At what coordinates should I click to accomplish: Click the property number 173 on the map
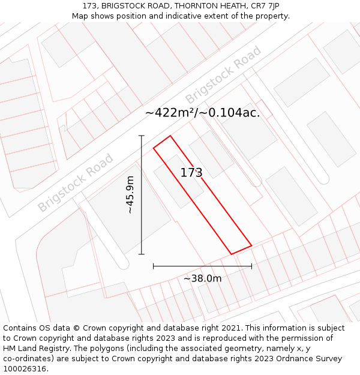click(x=191, y=173)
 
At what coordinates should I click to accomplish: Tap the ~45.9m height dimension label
click(x=130, y=194)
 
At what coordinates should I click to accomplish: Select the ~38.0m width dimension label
click(x=202, y=278)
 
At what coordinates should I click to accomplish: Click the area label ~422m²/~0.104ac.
click(x=202, y=113)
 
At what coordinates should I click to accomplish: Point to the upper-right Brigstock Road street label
click(x=223, y=74)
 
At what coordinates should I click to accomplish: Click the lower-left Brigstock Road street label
click(x=76, y=182)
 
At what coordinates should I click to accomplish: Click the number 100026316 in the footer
click(x=26, y=369)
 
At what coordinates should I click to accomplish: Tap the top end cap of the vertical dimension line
click(x=142, y=136)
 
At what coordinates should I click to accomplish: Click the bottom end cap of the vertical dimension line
click(x=142, y=254)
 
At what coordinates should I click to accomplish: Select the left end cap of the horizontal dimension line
click(x=154, y=266)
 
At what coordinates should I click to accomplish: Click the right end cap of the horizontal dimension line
click(x=251, y=266)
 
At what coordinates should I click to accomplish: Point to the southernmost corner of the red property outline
click(x=232, y=254)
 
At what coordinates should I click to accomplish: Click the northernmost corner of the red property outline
click(x=170, y=136)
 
